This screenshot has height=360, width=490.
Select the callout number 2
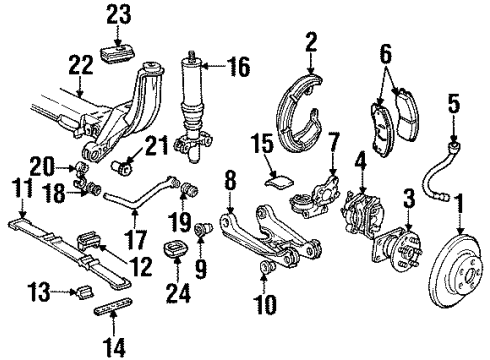(x=311, y=41)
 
